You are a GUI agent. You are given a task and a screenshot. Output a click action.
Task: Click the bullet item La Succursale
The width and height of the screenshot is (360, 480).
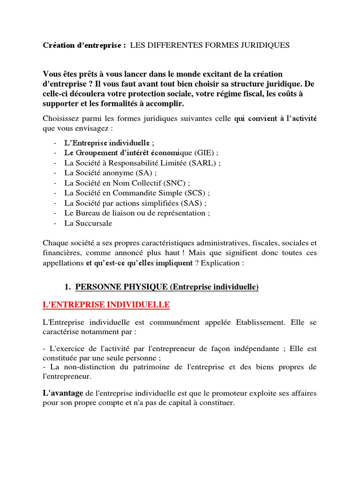[88, 223]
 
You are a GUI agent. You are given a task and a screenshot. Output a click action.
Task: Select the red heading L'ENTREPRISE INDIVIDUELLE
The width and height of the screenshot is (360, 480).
[106, 305]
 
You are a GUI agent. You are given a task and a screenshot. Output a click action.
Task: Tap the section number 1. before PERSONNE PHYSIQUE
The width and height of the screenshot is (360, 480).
[67, 287]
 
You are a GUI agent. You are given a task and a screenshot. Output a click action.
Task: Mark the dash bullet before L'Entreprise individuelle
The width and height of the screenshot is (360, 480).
[55, 143]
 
